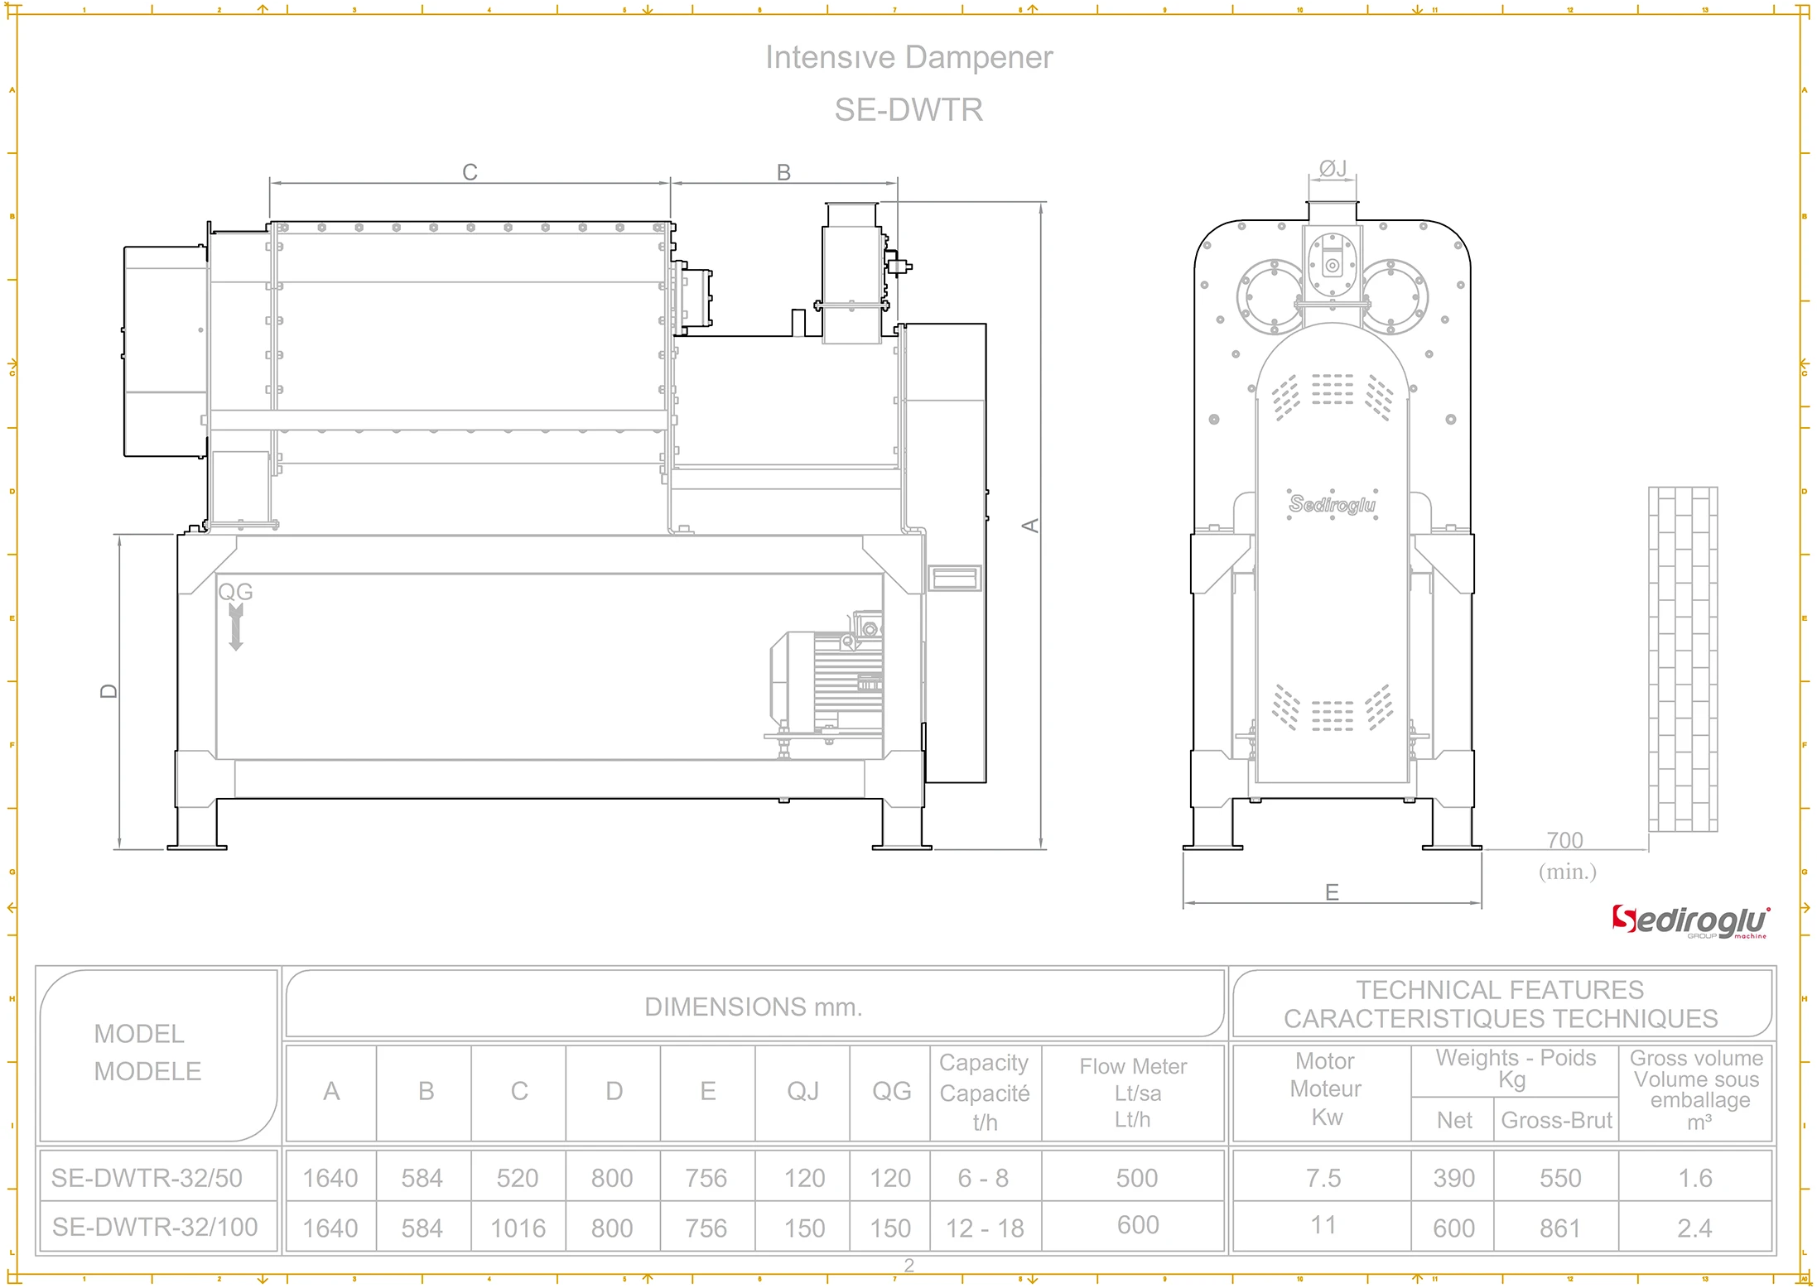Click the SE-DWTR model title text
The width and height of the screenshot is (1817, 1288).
[x=908, y=110]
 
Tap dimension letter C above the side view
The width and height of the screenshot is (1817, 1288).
[x=470, y=172]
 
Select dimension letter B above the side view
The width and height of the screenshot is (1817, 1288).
[x=783, y=172]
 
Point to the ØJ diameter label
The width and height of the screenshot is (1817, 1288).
[x=1333, y=169]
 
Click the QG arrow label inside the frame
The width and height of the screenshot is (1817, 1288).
[x=235, y=593]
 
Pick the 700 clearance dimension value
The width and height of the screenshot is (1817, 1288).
[x=1564, y=841]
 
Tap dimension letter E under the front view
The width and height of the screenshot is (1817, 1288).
[x=1332, y=892]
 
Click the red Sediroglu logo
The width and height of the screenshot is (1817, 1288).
[x=1689, y=921]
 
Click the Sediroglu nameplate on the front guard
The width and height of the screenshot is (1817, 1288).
[x=1333, y=504]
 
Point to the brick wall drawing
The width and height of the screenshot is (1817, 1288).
[x=1683, y=659]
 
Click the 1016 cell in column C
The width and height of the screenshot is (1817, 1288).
[x=518, y=1228]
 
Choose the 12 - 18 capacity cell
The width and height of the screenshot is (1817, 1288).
[x=985, y=1228]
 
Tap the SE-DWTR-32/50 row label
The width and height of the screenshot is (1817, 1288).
[x=147, y=1178]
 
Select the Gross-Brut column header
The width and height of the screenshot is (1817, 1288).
[x=1556, y=1121]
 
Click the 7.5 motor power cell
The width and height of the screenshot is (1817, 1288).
[x=1323, y=1178]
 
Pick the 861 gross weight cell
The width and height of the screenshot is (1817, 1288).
[x=1559, y=1228]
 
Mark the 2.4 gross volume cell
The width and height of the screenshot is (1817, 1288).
[x=1694, y=1228]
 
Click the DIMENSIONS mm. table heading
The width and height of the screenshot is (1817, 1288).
[x=753, y=1007]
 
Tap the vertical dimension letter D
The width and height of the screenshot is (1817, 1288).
[x=109, y=691]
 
